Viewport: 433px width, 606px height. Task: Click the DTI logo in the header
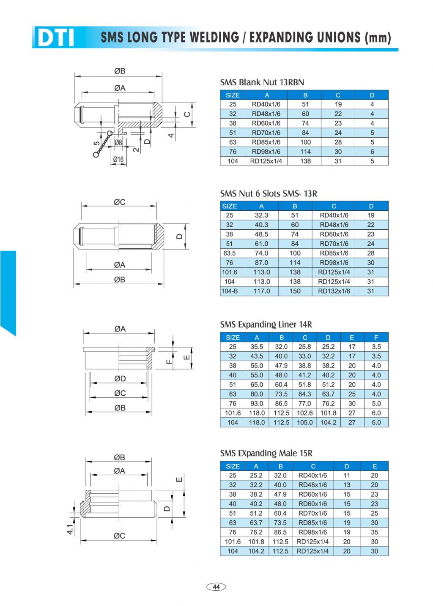pos(56,37)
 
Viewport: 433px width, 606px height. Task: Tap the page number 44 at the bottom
pos(216,587)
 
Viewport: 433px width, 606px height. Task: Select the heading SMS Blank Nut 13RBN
pos(262,82)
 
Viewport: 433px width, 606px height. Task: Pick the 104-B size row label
pos(230,291)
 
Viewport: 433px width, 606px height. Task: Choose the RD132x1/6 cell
pos(334,291)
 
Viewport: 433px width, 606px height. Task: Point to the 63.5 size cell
pos(229,253)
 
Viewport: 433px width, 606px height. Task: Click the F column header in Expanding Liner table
pos(376,337)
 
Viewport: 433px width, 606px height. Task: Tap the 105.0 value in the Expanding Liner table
pos(304,422)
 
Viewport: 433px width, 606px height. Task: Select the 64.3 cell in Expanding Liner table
pos(304,394)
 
